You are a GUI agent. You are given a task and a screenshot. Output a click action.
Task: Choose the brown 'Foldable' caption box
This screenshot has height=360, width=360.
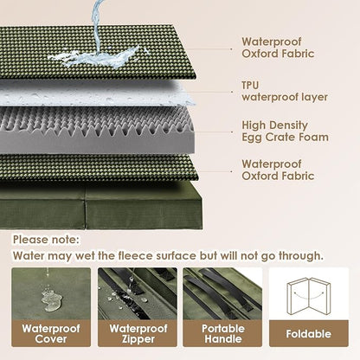click(308, 332)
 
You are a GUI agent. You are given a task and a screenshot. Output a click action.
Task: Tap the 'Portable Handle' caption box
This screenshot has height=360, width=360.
click(222, 332)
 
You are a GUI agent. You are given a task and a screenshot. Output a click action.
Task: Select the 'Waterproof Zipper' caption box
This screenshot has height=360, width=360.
click(137, 332)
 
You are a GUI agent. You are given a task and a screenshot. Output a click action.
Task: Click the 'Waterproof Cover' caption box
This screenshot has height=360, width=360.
click(50, 332)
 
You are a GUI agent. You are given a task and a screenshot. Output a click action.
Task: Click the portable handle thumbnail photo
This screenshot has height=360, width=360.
click(222, 292)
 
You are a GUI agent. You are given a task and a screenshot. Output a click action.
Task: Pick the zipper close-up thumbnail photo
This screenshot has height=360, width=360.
click(137, 292)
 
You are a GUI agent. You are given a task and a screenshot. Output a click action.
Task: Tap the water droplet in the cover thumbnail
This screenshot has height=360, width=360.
click(49, 297)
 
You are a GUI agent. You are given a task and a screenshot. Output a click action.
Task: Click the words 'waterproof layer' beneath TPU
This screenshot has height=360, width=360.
click(285, 97)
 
